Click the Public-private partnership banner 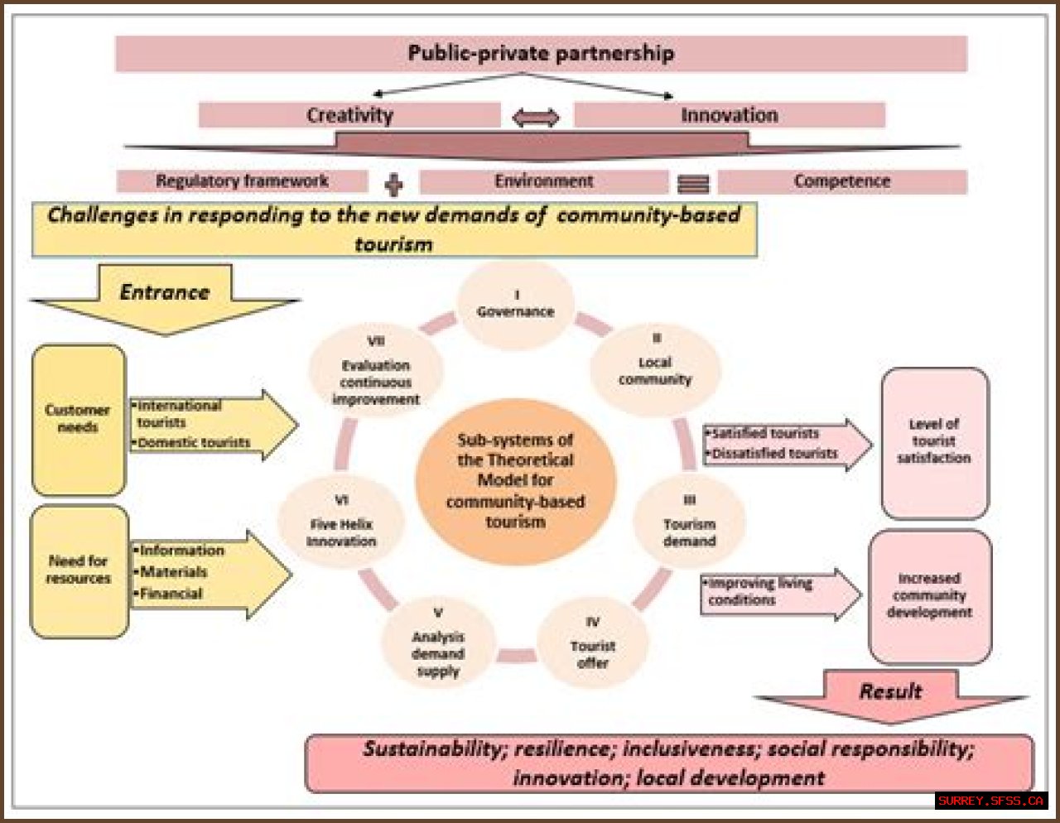(x=541, y=54)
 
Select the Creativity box (x=349, y=115)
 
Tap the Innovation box (x=729, y=115)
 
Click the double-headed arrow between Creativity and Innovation (x=536, y=118)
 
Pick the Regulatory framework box (x=242, y=181)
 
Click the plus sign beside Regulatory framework (x=394, y=184)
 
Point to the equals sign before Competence (x=693, y=184)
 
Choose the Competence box (x=841, y=181)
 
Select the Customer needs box (x=78, y=419)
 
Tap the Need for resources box (x=79, y=570)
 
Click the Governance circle (x=515, y=304)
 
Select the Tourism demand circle (x=689, y=523)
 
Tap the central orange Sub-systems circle (x=515, y=480)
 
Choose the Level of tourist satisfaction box (x=934, y=442)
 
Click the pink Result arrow (x=890, y=694)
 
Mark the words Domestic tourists (x=194, y=443)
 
